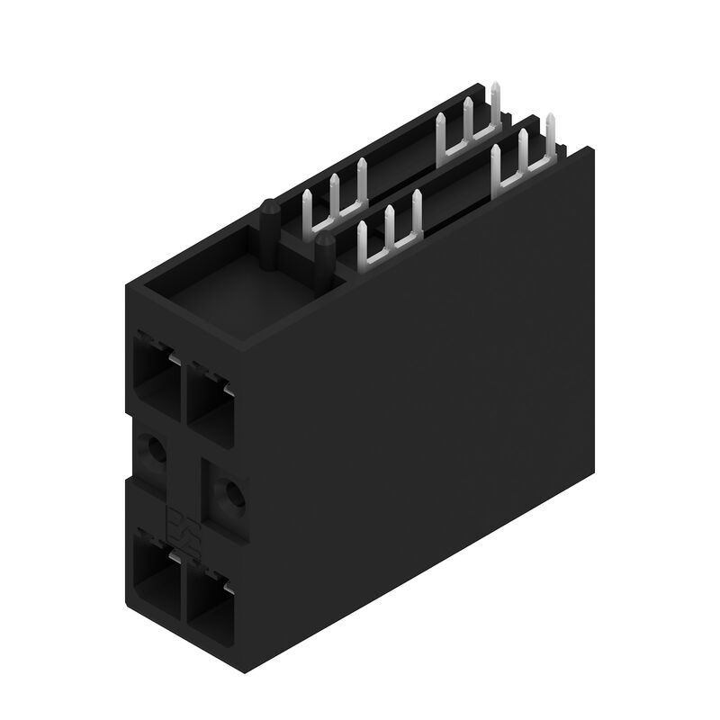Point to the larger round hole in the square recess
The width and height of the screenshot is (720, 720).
(x=233, y=492)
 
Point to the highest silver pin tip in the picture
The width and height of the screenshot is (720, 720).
(x=496, y=85)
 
